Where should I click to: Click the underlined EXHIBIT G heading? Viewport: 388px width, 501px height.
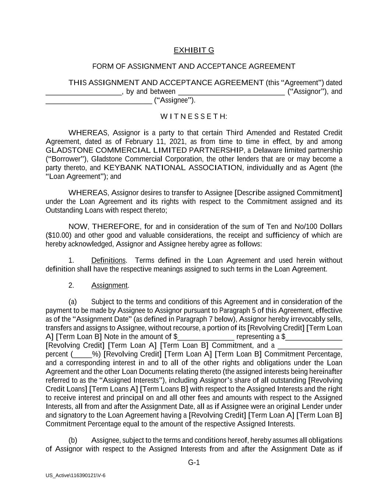click(194, 50)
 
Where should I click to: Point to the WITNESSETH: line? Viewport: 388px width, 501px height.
click(194, 117)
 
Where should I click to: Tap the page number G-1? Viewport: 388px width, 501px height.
click(194, 462)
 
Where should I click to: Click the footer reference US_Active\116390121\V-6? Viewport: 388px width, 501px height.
click(75, 475)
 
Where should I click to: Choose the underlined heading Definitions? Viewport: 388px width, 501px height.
click(108, 261)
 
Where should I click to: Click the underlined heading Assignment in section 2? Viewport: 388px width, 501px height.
click(110, 286)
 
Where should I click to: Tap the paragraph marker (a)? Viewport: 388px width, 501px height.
click(72, 302)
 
